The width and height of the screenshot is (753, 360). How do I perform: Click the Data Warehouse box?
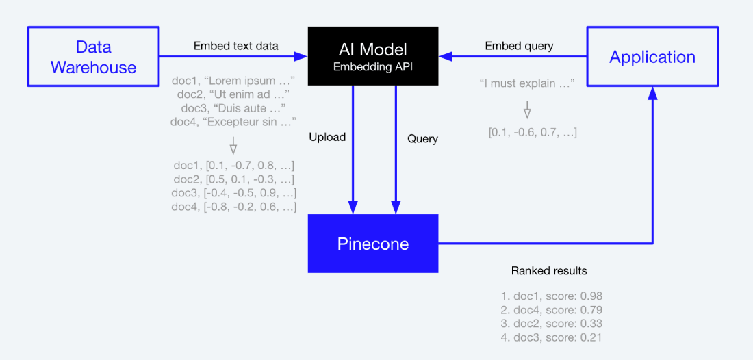pyautogui.click(x=93, y=57)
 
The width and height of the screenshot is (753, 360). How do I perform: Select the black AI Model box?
pyautogui.click(x=373, y=57)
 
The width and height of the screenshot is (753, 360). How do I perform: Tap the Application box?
pyautogui.click(x=652, y=57)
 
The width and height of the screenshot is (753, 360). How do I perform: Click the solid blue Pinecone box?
pyautogui.click(x=373, y=244)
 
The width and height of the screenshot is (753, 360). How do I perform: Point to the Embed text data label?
pyautogui.click(x=235, y=46)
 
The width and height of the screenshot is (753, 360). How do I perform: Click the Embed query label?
pyautogui.click(x=519, y=46)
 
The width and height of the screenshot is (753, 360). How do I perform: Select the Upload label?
pyautogui.click(x=327, y=137)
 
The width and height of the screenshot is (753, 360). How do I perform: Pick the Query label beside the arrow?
pyautogui.click(x=422, y=138)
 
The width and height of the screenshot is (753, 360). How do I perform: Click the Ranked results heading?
pyautogui.click(x=549, y=271)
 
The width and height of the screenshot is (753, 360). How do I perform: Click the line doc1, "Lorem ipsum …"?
pyautogui.click(x=233, y=81)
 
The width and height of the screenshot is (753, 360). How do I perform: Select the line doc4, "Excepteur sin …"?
pyautogui.click(x=233, y=122)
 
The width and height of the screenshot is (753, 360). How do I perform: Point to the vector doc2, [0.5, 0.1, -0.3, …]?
pyautogui.click(x=233, y=179)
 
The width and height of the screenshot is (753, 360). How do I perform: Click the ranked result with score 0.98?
pyautogui.click(x=551, y=296)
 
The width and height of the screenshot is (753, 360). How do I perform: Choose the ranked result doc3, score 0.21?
pyautogui.click(x=551, y=337)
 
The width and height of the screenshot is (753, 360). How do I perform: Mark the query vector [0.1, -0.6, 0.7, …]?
pyautogui.click(x=533, y=132)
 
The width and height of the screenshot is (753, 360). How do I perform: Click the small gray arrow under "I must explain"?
pyautogui.click(x=527, y=109)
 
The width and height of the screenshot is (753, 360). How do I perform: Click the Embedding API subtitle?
pyautogui.click(x=373, y=67)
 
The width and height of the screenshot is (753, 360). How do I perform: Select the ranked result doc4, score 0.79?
pyautogui.click(x=551, y=310)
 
